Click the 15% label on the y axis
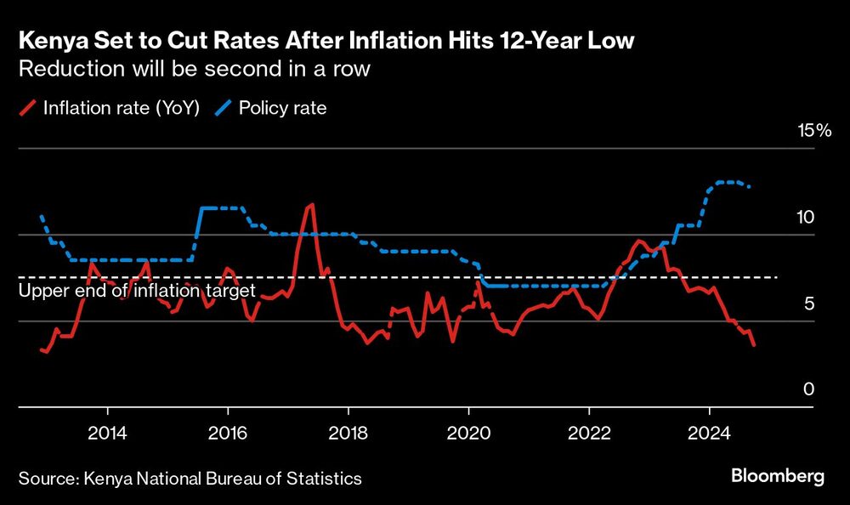[x=813, y=130]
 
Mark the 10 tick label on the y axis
[x=805, y=217]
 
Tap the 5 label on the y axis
[x=809, y=304]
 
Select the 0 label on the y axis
[x=809, y=389]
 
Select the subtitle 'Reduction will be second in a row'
[x=194, y=69]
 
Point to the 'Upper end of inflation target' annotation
[x=137, y=292]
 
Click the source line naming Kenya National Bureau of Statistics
[x=190, y=479]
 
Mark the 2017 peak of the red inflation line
[x=312, y=204]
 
